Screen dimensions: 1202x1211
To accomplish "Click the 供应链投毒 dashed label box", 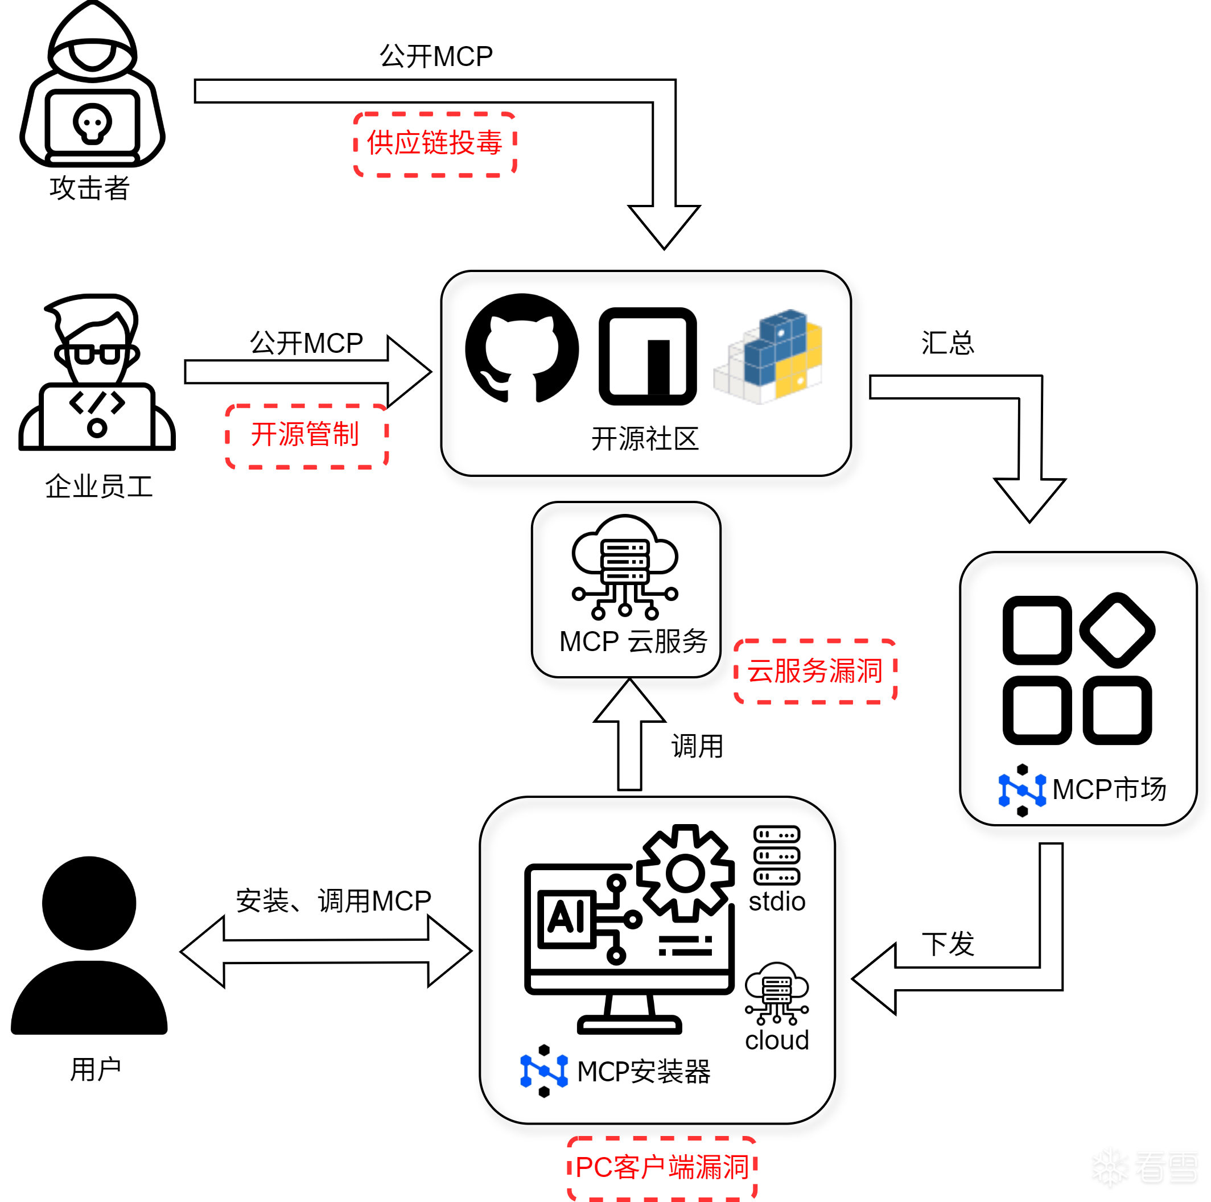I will click(x=434, y=144).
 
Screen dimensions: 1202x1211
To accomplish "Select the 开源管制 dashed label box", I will click(x=307, y=436).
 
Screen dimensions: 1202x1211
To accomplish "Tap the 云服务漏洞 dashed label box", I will click(x=815, y=671).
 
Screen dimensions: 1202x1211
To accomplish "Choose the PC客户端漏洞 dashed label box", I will click(x=662, y=1167).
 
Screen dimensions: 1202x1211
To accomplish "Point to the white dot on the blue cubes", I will click(x=781, y=334).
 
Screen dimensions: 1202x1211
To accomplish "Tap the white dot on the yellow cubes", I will click(x=801, y=381).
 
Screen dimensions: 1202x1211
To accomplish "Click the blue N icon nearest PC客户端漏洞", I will click(x=544, y=1070).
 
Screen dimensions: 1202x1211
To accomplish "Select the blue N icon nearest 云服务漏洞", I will click(x=1022, y=789).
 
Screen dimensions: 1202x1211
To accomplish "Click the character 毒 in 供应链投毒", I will click(x=489, y=143).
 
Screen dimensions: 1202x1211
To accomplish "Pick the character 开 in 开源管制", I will click(x=263, y=434).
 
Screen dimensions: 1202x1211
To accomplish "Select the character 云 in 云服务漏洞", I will click(x=760, y=671).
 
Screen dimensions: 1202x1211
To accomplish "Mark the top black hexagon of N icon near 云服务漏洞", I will click(x=1022, y=769).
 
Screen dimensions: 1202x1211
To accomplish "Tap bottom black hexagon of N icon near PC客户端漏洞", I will click(x=544, y=1092).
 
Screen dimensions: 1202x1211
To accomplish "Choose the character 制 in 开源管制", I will click(x=345, y=434).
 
